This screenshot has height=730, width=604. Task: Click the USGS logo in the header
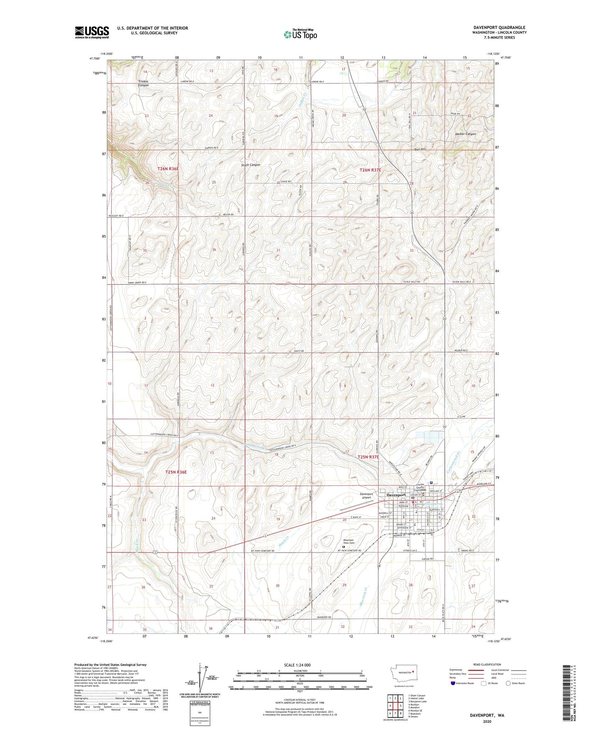(x=92, y=32)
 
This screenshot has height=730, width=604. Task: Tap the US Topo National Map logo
(x=300, y=34)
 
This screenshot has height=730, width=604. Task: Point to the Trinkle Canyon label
(x=143, y=83)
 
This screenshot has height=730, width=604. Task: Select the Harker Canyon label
(x=465, y=134)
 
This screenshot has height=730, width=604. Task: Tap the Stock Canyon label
(x=250, y=165)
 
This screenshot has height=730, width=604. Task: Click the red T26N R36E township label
(x=168, y=169)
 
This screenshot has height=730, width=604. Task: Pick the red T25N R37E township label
(x=368, y=457)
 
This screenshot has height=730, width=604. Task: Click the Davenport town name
(x=395, y=495)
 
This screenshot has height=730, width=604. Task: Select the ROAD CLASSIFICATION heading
(x=475, y=664)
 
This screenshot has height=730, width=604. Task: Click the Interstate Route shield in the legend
(x=454, y=684)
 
